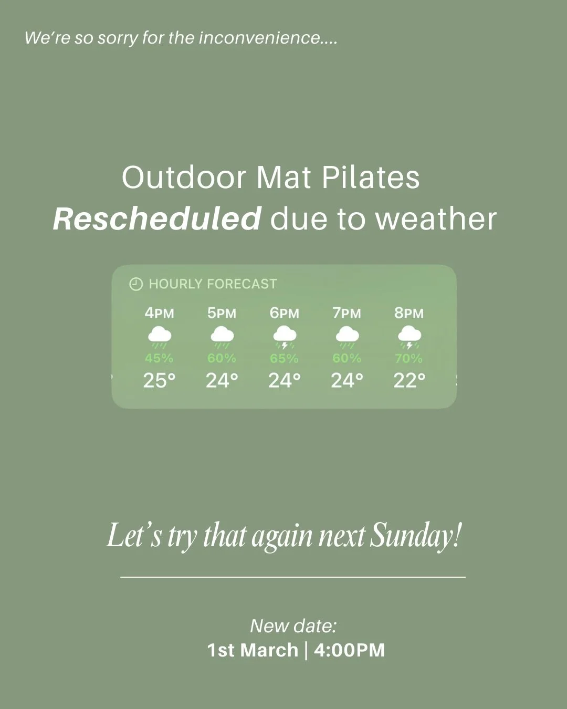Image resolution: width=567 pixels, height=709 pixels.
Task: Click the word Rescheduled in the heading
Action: pos(156,218)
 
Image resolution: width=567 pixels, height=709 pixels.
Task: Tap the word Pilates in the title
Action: pos(370,178)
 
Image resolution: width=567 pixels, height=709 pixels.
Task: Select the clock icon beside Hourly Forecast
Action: pos(135,284)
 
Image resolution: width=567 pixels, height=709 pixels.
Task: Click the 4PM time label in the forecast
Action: pos(159,313)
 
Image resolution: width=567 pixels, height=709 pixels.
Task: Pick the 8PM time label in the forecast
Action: pos(409,313)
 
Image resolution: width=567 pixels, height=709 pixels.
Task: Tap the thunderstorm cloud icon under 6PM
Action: pos(285,336)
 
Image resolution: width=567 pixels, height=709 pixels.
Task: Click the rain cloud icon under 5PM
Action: pos(222,336)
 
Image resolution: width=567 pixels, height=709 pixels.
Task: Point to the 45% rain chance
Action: pos(159,358)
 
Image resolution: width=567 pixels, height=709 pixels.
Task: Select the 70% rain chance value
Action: pos(409,358)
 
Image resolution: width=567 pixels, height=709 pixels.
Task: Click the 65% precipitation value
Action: pos(285,358)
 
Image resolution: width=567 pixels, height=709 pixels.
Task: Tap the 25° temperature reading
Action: pos(159,380)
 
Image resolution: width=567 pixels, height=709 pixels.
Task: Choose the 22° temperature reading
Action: pos(409,380)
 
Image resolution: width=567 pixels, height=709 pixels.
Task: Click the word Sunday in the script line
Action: pos(416,536)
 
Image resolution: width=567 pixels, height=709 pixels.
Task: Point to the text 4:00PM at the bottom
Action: pos(349,650)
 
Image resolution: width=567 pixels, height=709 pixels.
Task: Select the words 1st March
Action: pos(253,650)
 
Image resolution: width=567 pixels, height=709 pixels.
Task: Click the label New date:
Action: pos(293,626)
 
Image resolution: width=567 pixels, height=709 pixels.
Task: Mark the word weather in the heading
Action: pos(436,218)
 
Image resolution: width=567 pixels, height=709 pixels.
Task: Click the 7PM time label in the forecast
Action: pos(346,313)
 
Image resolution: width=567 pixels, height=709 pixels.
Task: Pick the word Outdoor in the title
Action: pos(184,178)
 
